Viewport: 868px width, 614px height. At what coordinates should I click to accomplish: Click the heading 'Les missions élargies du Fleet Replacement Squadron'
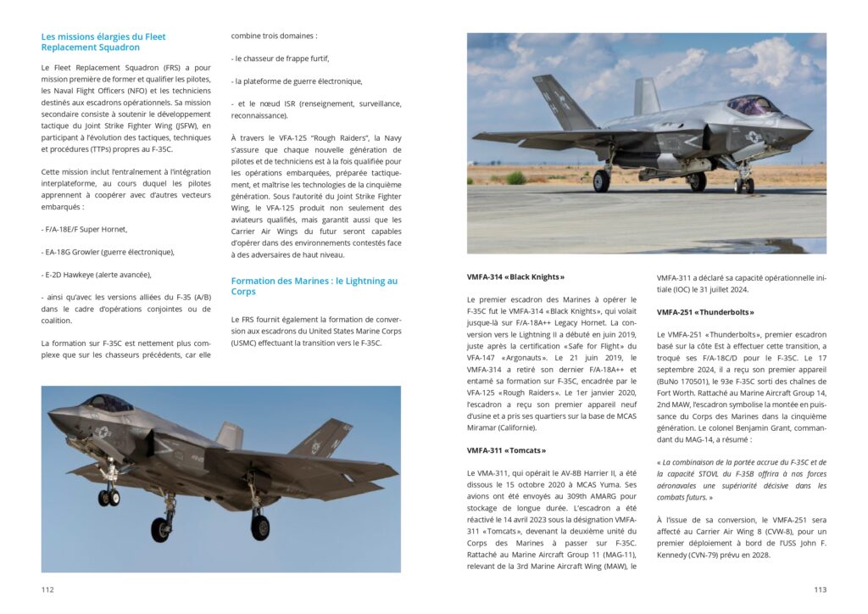pyautogui.click(x=103, y=42)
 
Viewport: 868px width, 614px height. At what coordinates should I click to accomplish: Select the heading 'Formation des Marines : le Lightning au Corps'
pyautogui.click(x=314, y=286)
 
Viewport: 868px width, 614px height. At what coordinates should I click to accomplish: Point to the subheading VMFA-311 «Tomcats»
pyautogui.click(x=506, y=450)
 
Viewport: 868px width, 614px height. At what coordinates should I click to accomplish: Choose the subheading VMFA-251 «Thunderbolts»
pyautogui.click(x=705, y=312)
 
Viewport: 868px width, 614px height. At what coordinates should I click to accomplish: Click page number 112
pyautogui.click(x=47, y=589)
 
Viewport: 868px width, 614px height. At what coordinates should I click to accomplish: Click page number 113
pyautogui.click(x=820, y=589)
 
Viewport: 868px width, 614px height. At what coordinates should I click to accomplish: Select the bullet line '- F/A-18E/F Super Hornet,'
pyautogui.click(x=84, y=229)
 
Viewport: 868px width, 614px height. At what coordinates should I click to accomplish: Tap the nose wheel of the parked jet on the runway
pyautogui.click(x=743, y=185)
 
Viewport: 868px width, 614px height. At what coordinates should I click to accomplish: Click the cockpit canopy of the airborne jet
pyautogui.click(x=108, y=403)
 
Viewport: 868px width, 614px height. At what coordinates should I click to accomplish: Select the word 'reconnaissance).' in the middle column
pyautogui.click(x=259, y=115)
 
